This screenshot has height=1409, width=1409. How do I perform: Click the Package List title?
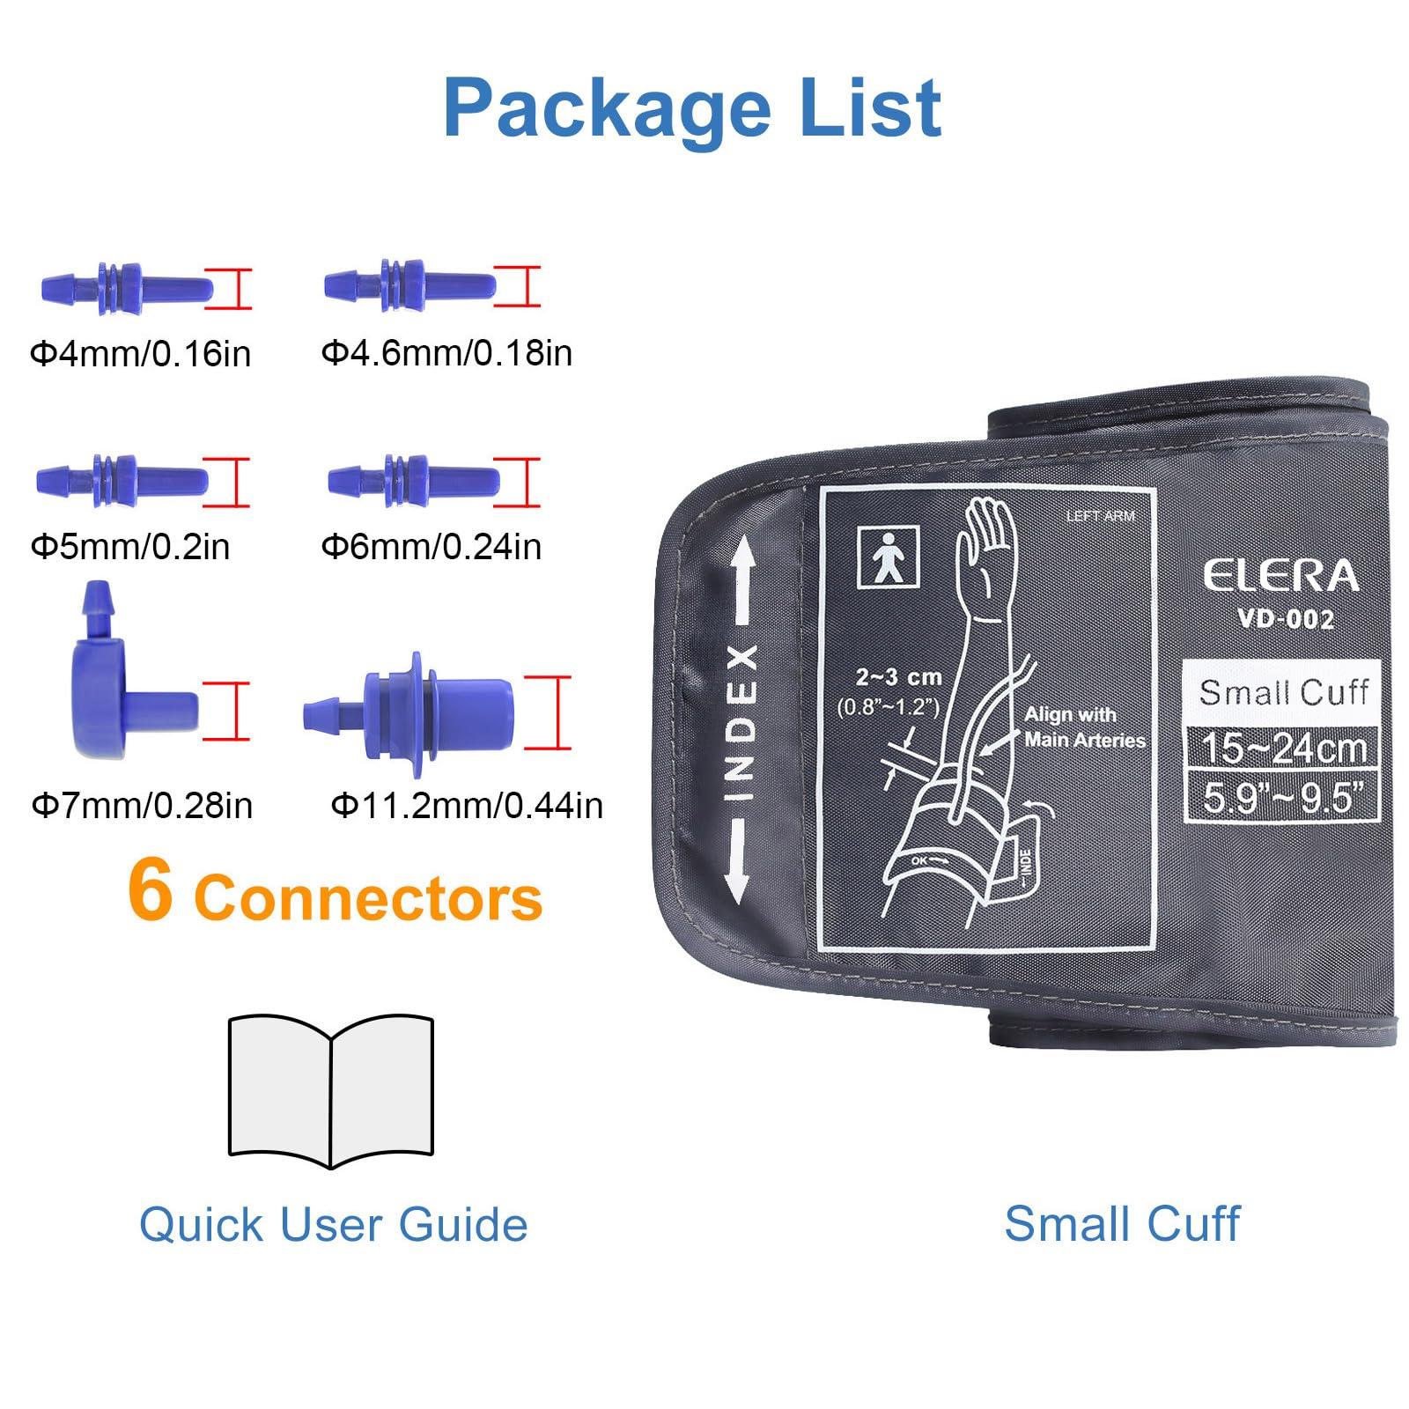pyautogui.click(x=692, y=107)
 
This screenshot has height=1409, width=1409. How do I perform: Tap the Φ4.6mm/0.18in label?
pyautogui.click(x=446, y=352)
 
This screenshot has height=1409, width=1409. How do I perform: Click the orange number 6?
pyautogui.click(x=150, y=891)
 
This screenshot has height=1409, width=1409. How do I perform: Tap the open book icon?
pyautogui.click(x=331, y=1089)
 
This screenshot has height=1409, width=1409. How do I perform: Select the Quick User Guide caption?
pyautogui.click(x=333, y=1224)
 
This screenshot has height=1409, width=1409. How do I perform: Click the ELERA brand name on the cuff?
pyautogui.click(x=1281, y=577)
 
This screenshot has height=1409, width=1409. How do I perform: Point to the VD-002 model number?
pyautogui.click(x=1286, y=619)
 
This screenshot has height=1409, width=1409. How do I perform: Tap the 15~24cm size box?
pyautogui.click(x=1283, y=748)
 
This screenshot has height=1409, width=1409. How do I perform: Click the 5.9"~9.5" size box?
pyautogui.click(x=1283, y=798)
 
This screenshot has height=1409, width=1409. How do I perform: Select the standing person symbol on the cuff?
pyautogui.click(x=889, y=557)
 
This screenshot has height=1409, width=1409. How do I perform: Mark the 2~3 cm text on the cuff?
pyautogui.click(x=898, y=677)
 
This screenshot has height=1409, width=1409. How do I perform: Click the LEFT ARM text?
pyautogui.click(x=1101, y=516)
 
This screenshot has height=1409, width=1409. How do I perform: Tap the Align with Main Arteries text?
pyautogui.click(x=1083, y=727)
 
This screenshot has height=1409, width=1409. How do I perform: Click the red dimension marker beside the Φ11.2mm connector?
pyautogui.click(x=549, y=712)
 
